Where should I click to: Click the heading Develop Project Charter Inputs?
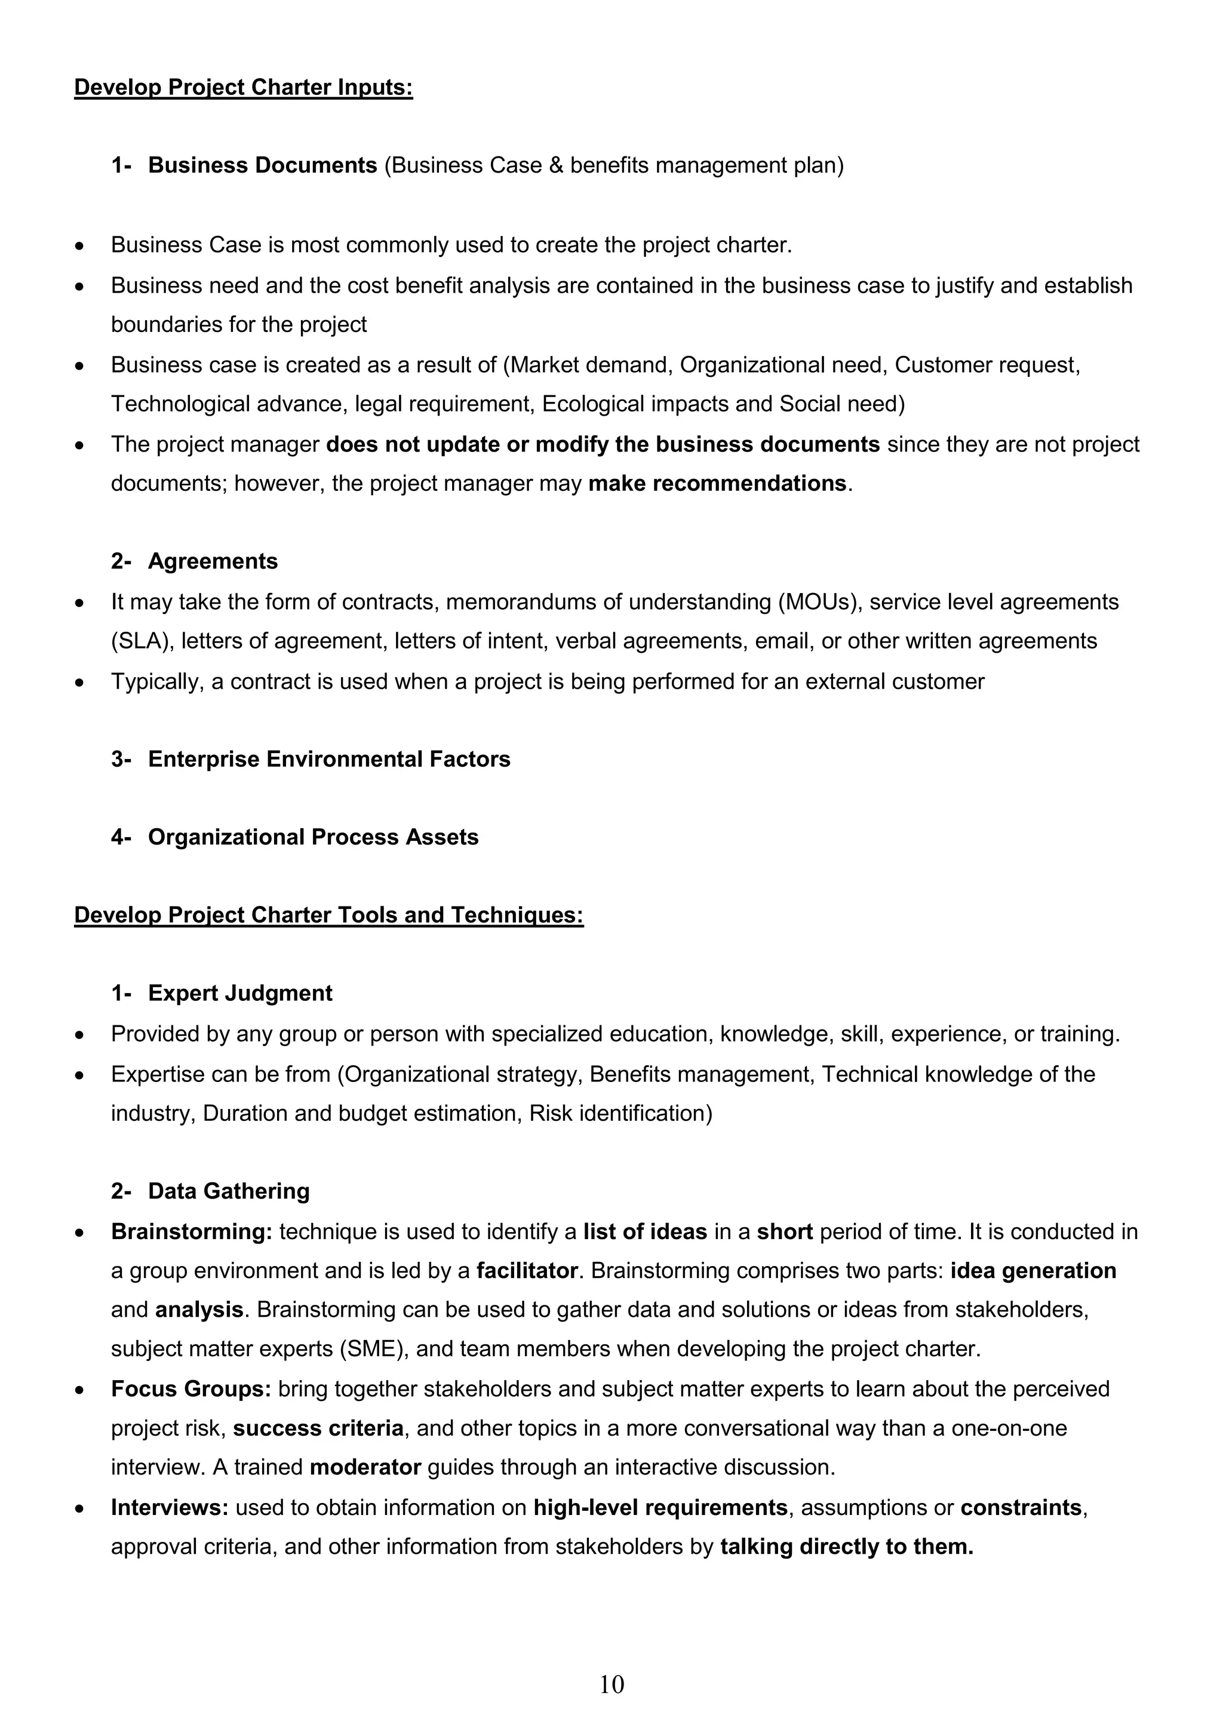[244, 87]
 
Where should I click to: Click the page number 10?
[611, 1684]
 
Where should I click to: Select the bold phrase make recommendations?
[717, 483]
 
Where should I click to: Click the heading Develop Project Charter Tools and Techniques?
[328, 915]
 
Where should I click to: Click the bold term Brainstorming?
[192, 1232]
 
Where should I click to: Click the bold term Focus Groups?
[190, 1388]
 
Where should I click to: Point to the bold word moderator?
[365, 1467]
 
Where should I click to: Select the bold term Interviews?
[170, 1508]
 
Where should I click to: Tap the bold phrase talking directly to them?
[846, 1547]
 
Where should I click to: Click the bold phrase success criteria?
[318, 1428]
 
